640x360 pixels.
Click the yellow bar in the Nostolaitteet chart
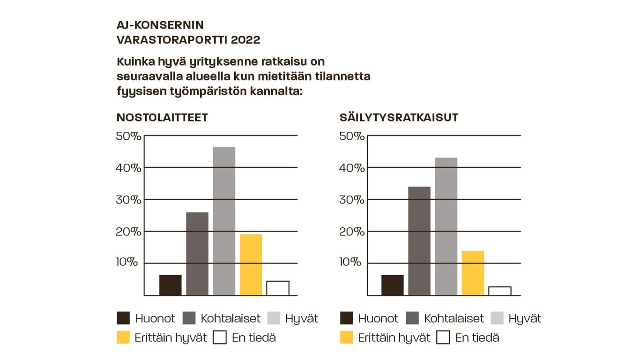(251, 264)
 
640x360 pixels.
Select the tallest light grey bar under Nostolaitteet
(224, 221)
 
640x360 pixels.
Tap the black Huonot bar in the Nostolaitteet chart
(171, 285)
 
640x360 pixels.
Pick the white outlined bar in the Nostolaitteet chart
(278, 288)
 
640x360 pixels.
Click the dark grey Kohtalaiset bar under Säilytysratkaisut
(419, 241)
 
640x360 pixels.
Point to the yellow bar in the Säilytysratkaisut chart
(473, 273)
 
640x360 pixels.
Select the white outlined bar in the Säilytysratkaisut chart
(499, 291)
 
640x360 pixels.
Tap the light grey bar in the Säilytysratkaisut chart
(446, 226)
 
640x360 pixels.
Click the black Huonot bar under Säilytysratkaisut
(393, 285)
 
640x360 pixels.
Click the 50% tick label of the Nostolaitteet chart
(128, 136)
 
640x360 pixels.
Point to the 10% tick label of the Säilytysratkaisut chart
(351, 262)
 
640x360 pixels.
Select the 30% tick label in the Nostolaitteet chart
(128, 199)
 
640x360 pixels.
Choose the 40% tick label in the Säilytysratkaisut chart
(351, 167)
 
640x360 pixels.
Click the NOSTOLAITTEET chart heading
(162, 118)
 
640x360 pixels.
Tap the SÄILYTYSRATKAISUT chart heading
(399, 118)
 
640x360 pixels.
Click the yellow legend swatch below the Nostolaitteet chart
(123, 337)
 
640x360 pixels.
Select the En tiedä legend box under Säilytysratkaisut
(443, 337)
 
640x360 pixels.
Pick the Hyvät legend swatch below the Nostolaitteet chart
(274, 319)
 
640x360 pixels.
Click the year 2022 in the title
(246, 40)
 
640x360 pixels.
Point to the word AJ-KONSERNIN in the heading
(160, 25)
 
